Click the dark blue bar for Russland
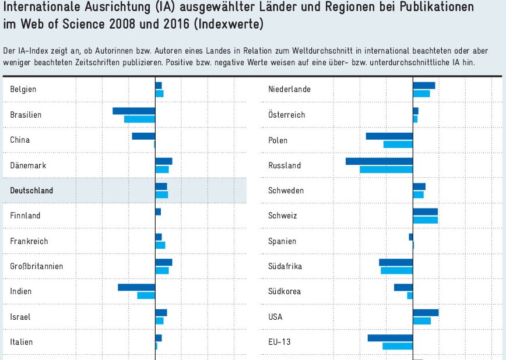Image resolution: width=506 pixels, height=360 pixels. [379, 161]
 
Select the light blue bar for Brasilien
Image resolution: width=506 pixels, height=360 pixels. [139, 119]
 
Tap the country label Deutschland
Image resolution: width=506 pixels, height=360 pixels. [31, 190]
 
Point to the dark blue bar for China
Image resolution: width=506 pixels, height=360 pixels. [143, 136]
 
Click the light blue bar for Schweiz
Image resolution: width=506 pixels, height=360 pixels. [425, 220]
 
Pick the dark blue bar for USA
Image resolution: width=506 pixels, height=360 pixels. [426, 313]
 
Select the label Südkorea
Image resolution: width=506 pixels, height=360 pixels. [284, 291]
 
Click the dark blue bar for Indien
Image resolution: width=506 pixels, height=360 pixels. [136, 287]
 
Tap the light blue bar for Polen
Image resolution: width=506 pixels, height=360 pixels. [398, 144]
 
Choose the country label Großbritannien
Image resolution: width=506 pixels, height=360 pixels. [37, 266]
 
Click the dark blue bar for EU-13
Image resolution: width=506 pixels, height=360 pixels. [390, 338]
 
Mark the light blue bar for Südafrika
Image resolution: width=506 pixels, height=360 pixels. [396, 270]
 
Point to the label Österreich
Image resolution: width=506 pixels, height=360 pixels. [286, 115]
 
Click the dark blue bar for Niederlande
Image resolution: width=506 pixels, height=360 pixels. [424, 86]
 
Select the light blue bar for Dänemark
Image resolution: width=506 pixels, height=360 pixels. [161, 170]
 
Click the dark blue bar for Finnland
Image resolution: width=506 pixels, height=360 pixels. [158, 211]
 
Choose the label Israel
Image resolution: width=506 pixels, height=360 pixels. [20, 317]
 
